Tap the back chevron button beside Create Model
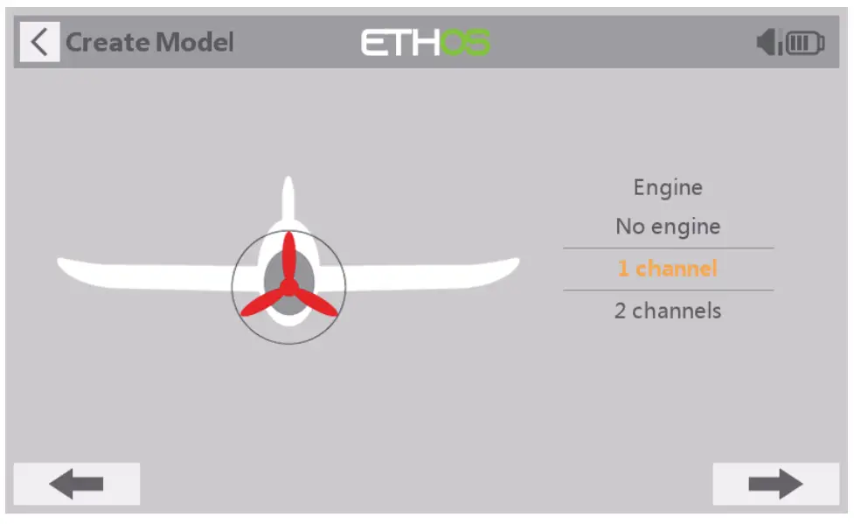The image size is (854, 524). (39, 42)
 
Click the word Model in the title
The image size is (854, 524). (195, 42)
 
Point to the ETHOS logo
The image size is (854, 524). (426, 43)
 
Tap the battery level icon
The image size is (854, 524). (805, 43)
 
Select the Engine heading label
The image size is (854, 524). (668, 187)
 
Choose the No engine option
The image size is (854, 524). (668, 227)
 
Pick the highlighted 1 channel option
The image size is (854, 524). (668, 269)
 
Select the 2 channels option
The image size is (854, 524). (668, 311)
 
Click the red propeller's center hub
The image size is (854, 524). (288, 287)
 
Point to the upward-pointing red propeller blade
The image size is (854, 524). (288, 256)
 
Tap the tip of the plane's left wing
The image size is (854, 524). (59, 262)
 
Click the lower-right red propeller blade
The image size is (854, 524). (316, 304)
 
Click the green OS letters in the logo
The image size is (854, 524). (464, 43)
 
